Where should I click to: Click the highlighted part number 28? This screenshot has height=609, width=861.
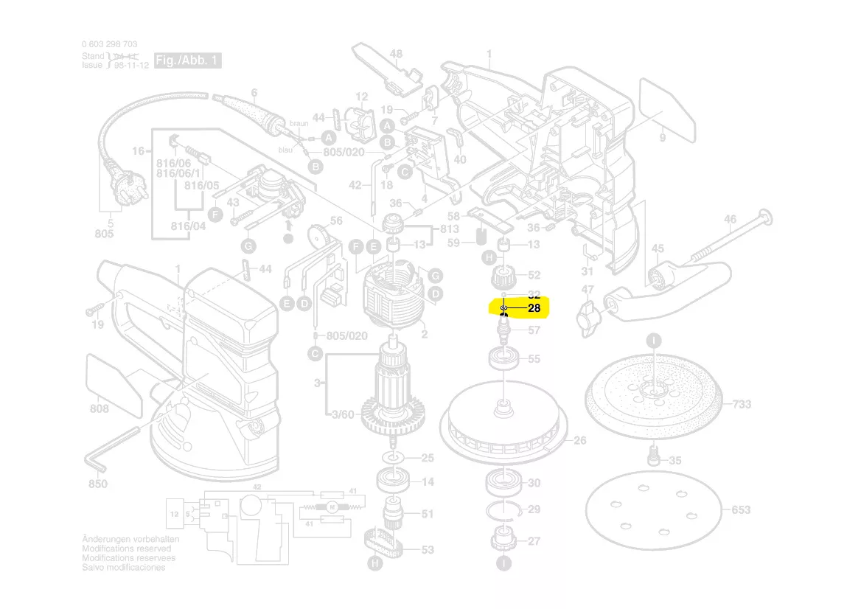pos(534,308)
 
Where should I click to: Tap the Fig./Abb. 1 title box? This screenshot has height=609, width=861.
pos(187,60)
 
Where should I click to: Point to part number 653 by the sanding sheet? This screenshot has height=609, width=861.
pos(741,509)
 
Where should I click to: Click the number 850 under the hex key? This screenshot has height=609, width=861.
pos(97,484)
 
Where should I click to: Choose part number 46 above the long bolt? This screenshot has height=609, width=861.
pos(730,219)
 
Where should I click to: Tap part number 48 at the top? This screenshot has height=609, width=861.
pos(396,54)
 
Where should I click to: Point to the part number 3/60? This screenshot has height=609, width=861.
pos(343,415)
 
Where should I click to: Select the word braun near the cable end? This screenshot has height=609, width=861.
pos(299,123)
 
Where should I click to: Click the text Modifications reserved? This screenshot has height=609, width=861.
pos(126,549)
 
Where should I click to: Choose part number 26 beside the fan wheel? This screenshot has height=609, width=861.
pos(579,440)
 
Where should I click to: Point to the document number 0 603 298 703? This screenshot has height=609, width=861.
pos(109,44)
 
